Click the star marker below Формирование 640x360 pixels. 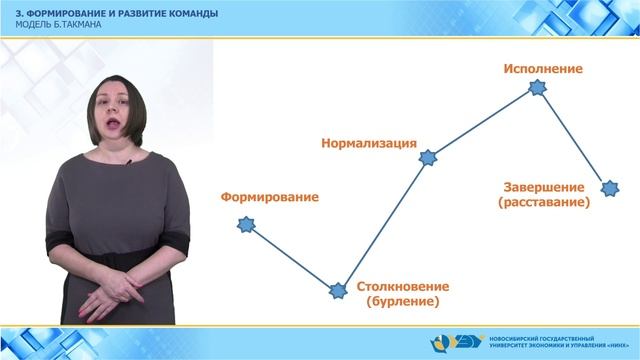[245, 224]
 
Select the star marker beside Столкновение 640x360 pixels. [339, 291]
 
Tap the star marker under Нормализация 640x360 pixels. [428, 158]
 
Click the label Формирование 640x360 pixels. [270, 197]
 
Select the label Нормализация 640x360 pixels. [368, 142]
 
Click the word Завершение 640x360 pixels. [543, 187]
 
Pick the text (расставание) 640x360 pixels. [543, 202]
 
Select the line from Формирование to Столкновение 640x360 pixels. [292, 258]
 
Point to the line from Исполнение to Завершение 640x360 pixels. [574, 138]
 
